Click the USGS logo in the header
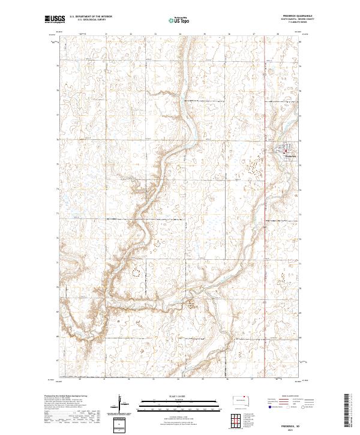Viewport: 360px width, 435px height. (55, 19)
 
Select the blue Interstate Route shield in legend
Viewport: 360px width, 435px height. (269, 407)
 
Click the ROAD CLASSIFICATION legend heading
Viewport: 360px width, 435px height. (289, 396)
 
